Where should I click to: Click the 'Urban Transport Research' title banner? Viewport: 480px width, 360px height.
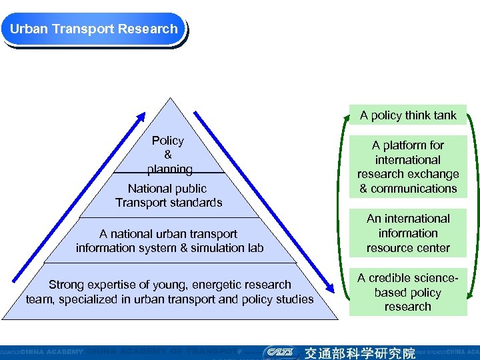tap(93, 29)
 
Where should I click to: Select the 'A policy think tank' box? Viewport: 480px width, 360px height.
tap(408, 115)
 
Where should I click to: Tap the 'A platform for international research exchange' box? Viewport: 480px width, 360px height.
tap(408, 167)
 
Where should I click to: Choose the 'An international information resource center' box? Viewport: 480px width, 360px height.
tap(408, 233)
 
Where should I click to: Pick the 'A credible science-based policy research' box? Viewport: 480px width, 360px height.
tap(408, 292)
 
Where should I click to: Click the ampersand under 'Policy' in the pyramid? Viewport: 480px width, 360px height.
tap(168, 155)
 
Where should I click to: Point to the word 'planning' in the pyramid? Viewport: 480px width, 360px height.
tap(170, 169)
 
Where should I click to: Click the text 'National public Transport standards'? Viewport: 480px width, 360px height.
tap(168, 195)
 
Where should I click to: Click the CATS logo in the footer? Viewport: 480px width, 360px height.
tap(279, 352)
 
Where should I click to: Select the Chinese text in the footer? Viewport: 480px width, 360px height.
tap(360, 352)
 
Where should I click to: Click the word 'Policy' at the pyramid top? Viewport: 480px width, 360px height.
tap(168, 141)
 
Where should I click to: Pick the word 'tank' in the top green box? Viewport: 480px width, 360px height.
tap(445, 115)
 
